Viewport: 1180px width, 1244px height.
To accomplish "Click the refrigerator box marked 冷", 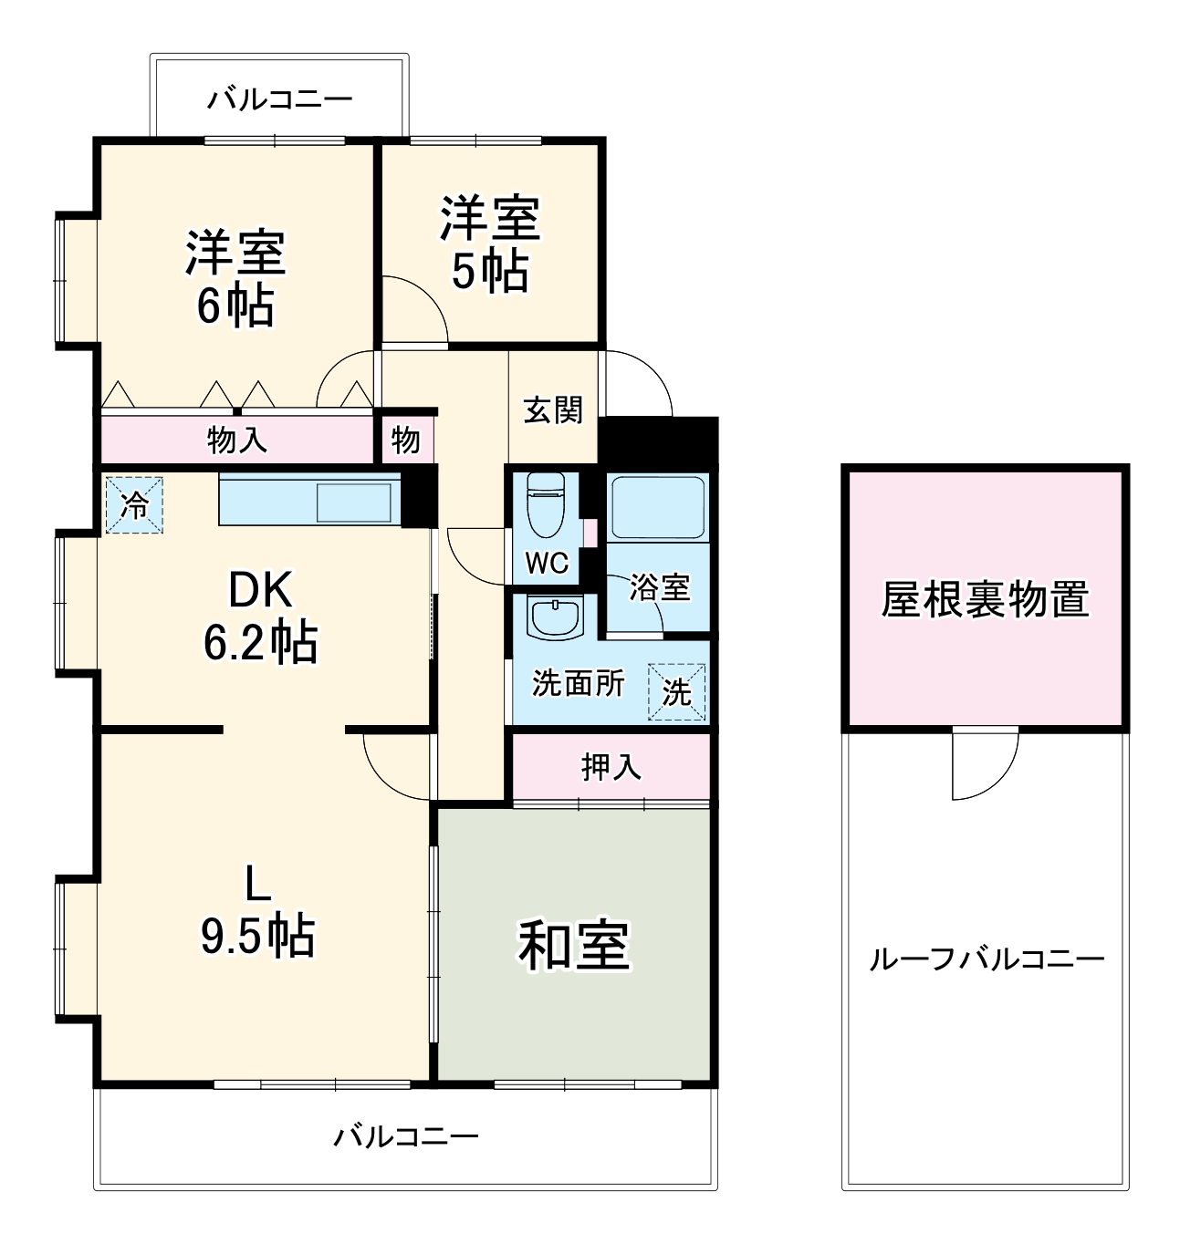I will point(134,505).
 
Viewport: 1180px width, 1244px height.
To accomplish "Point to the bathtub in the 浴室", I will point(658,506).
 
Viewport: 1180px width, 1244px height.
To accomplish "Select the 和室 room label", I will point(574,945).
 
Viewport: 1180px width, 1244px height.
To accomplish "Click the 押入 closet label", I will point(611,767).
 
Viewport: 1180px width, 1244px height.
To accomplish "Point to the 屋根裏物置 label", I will point(985,599).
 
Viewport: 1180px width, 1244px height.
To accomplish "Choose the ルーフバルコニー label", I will point(987,959).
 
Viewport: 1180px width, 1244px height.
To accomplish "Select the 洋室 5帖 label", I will point(490,244).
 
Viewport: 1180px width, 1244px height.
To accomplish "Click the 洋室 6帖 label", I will point(235,278).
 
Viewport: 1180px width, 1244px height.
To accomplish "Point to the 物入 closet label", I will point(237,441).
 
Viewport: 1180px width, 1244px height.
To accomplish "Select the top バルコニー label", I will point(279,98).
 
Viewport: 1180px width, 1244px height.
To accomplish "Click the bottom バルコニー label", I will point(405,1136).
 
